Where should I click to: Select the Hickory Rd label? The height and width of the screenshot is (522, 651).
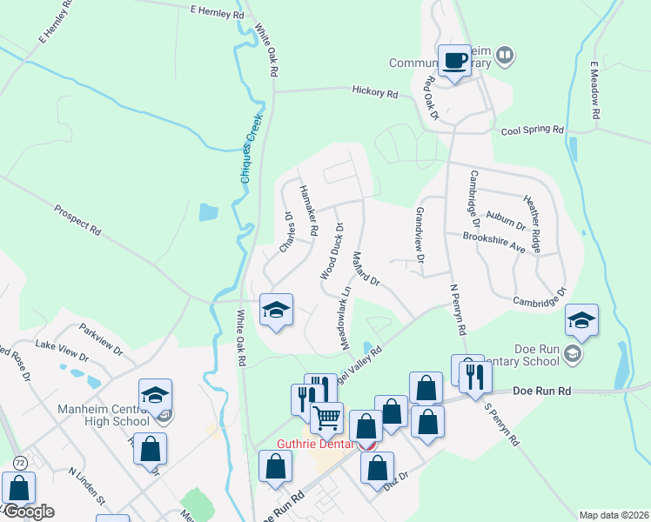point(374,91)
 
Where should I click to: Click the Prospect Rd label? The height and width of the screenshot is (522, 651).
point(77,221)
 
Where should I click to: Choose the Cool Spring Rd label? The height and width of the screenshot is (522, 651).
point(533,130)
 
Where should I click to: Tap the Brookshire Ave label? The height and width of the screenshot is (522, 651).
point(494,242)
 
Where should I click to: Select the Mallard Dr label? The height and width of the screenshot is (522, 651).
point(366,269)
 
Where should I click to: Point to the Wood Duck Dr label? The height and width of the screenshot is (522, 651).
point(332,251)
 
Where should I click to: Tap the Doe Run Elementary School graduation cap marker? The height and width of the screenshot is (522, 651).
point(581,321)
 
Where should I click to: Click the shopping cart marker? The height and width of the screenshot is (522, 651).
point(327,418)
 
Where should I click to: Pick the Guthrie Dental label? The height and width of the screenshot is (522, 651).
point(314,444)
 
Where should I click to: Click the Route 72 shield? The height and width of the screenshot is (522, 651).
point(19,460)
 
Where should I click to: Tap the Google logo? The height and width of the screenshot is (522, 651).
point(29,511)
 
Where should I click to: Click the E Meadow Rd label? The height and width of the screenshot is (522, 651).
point(595,90)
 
